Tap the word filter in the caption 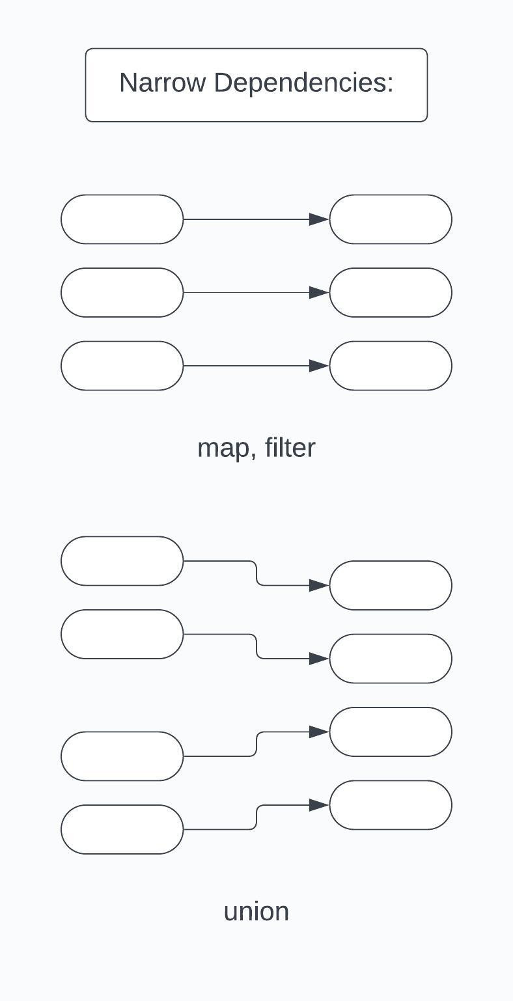tap(290, 448)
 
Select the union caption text tap(256, 911)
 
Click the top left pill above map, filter tap(122, 219)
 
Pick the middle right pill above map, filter tap(391, 293)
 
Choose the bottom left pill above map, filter tap(122, 366)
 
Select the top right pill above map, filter tap(391, 219)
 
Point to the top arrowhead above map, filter tap(319, 219)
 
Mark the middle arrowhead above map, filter tap(319, 293)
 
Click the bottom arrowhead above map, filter tap(319, 366)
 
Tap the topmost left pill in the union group tap(122, 561)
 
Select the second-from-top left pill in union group tap(122, 635)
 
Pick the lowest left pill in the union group tap(122, 829)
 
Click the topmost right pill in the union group tap(391, 586)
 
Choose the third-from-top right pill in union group tap(391, 732)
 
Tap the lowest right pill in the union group tap(391, 805)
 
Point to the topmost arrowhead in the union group tap(319, 586)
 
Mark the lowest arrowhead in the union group tap(319, 805)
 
